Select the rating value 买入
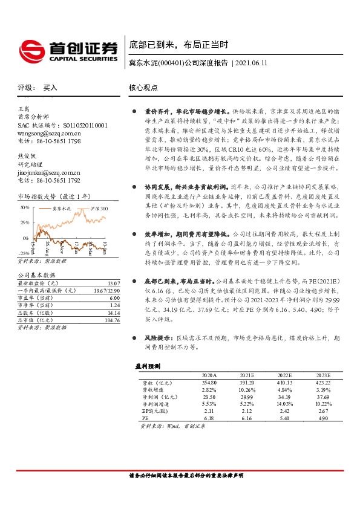[50, 88]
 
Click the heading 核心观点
[143, 88]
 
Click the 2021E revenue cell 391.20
[247, 383]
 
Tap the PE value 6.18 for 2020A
[209, 418]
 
